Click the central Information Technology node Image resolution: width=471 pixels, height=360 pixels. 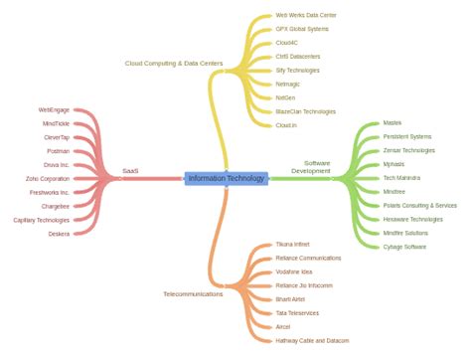[227, 178]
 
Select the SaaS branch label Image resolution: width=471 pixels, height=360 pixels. [130, 170]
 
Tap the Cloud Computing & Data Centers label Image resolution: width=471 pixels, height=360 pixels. [173, 63]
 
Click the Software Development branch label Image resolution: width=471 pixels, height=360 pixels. [316, 166]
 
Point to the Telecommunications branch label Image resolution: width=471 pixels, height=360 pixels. [193, 293]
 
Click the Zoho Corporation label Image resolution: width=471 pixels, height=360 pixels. [48, 178]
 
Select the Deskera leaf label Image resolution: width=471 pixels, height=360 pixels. [58, 234]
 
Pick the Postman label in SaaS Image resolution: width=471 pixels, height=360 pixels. [57, 150]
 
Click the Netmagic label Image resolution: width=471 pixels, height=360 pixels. [289, 85]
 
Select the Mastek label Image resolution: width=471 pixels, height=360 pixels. [392, 122]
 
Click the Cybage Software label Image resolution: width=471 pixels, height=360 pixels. [404, 246]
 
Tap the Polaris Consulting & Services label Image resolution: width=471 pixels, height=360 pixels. [419, 205]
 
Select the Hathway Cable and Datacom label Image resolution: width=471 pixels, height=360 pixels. [312, 340]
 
